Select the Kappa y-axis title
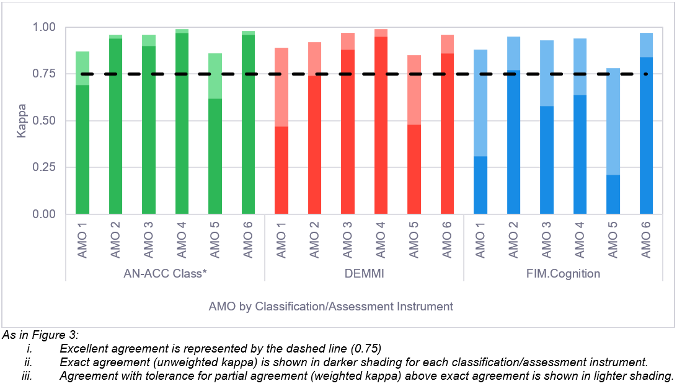22,121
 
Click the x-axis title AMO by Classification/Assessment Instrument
330,306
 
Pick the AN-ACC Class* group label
165,273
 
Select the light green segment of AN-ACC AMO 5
215,76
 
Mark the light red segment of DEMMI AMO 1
281,87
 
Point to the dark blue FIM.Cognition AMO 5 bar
612,195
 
